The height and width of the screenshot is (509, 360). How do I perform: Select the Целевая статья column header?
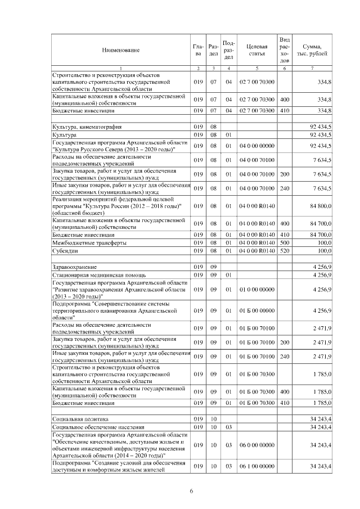pos(256,49)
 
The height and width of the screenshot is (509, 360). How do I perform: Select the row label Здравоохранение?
pos(74,266)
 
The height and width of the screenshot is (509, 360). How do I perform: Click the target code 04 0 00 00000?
pos(256,146)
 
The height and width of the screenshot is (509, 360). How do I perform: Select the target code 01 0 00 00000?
pos(256,290)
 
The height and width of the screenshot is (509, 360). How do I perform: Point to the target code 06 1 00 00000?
pos(256,467)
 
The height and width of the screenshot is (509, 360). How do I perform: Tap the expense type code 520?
pos(284,250)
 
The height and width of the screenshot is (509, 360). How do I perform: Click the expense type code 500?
pos(284,242)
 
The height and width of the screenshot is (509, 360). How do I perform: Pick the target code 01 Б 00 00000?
pos(256,310)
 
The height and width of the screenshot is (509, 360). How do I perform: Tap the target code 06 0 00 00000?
pos(256,445)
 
